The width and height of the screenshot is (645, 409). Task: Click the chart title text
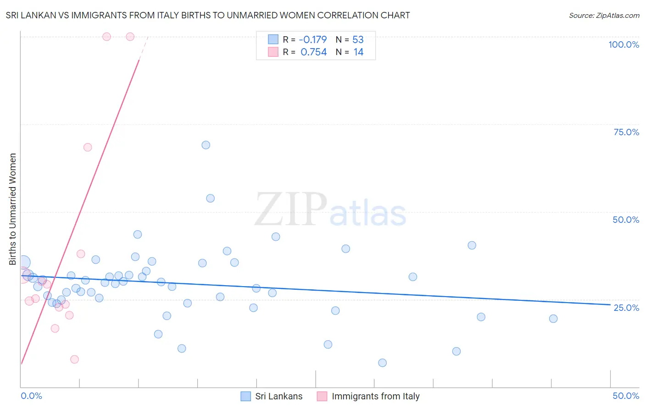(x=208, y=15)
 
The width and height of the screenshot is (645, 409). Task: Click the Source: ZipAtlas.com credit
(x=604, y=15)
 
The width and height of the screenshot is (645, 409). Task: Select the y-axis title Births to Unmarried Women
(x=12, y=209)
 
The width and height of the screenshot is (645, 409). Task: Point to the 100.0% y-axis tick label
(x=623, y=44)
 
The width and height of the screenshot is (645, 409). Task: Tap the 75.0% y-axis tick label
(x=626, y=132)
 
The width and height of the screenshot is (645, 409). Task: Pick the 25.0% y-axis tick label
(x=626, y=308)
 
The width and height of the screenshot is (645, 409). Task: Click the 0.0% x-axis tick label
(x=31, y=396)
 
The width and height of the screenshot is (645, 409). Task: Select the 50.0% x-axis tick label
(x=626, y=396)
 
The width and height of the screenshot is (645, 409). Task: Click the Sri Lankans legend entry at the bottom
(x=272, y=396)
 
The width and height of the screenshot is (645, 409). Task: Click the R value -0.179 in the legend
(x=313, y=40)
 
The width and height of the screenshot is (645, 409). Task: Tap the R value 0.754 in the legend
(x=313, y=52)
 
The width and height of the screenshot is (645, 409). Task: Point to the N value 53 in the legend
(x=358, y=40)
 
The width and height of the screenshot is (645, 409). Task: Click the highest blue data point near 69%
(x=206, y=145)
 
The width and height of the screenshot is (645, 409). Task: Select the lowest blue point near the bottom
(x=382, y=363)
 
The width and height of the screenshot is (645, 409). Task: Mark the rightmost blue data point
(x=553, y=319)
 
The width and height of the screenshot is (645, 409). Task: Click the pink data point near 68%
(x=88, y=147)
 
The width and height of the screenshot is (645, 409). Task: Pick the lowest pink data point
(x=74, y=359)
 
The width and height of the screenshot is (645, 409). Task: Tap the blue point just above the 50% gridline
(x=211, y=199)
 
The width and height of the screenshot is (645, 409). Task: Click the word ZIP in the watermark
(x=290, y=210)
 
